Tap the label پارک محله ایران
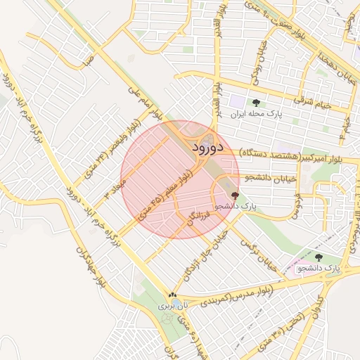tap(255, 114)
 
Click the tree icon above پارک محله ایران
tap(255, 103)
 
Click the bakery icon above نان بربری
tap(172, 295)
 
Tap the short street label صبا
tap(87, 60)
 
